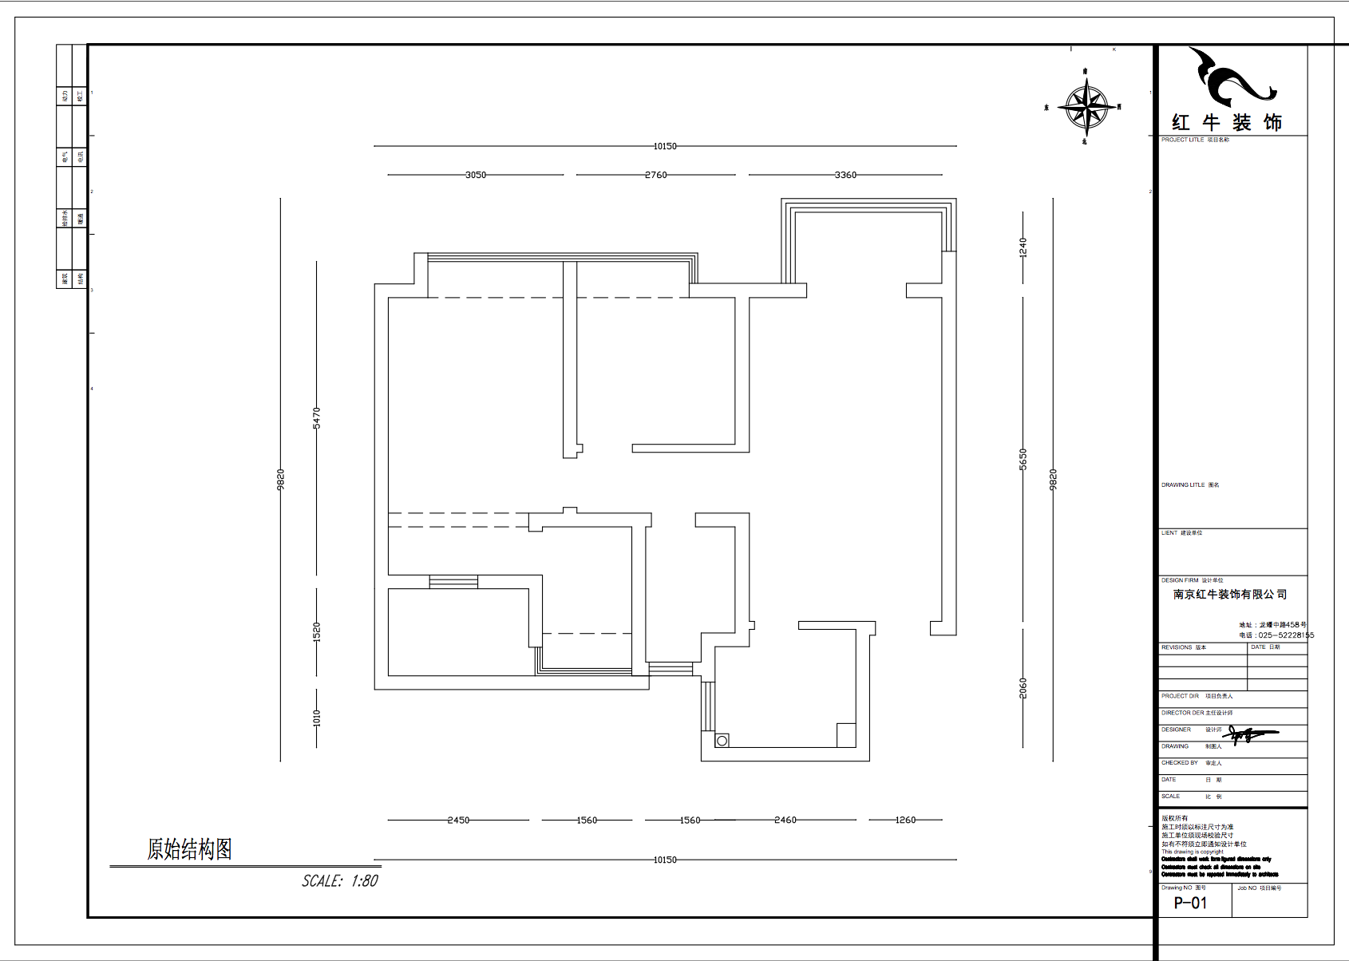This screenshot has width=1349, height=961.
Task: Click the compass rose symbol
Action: (1086, 106)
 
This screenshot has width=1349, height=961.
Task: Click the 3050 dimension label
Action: (476, 175)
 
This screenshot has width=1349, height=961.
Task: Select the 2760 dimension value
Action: (655, 175)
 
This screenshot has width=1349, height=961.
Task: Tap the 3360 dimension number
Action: (845, 175)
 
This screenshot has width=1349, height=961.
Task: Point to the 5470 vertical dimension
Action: (317, 417)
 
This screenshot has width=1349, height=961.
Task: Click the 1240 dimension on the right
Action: (1023, 247)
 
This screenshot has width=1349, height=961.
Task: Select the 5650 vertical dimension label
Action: (1023, 459)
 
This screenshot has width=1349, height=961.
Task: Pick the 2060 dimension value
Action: (1023, 688)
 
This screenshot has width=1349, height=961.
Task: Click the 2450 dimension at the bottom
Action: (458, 820)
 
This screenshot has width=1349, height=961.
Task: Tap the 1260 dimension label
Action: (905, 820)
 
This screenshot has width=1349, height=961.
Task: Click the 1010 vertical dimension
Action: (317, 718)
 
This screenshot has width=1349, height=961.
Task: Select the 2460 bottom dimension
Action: (785, 820)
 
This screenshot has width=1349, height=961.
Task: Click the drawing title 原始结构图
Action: (189, 849)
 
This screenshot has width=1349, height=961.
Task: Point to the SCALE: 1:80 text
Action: (340, 881)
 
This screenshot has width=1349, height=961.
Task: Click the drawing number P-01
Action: (1190, 903)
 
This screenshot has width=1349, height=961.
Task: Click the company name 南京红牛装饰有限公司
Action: (1230, 595)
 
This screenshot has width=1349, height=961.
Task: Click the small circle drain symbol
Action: (722, 741)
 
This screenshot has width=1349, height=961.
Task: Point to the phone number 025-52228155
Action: (1285, 635)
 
